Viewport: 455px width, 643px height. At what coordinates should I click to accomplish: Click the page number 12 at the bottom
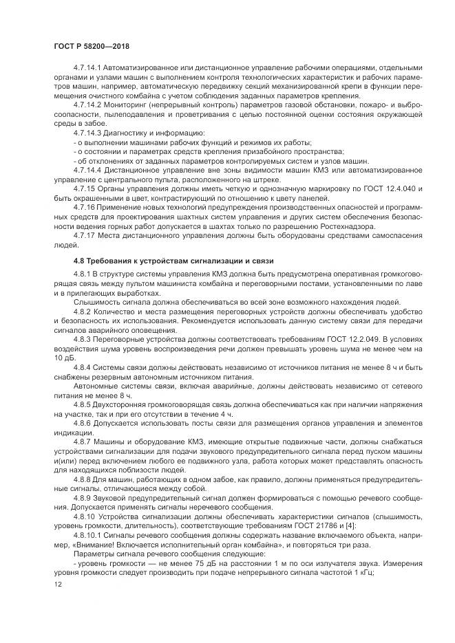coord(57,584)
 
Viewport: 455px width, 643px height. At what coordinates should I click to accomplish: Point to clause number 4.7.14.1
coord(87,67)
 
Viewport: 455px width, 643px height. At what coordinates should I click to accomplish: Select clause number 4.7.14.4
coord(87,169)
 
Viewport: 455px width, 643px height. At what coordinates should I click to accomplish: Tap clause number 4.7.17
coord(84,235)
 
